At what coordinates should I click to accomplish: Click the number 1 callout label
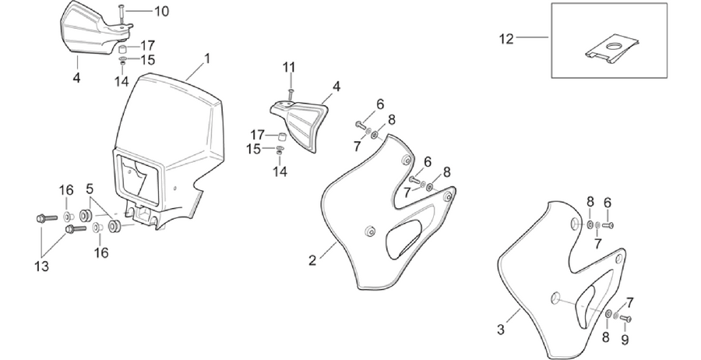[206, 58]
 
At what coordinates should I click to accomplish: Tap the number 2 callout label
[312, 260]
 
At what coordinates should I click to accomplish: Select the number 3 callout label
[501, 330]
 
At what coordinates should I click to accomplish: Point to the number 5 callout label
[90, 189]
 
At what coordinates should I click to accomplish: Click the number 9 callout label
[625, 340]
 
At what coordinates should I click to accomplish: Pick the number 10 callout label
[162, 11]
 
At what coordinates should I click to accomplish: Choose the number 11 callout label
[289, 68]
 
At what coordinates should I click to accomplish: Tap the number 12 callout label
[506, 40]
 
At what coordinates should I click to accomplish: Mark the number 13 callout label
[41, 266]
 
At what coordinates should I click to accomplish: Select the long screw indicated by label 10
[121, 14]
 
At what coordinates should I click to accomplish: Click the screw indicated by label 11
[291, 95]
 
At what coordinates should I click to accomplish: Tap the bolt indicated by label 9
[625, 319]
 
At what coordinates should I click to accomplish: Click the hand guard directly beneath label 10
[95, 28]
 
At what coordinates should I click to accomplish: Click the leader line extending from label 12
[533, 38]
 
